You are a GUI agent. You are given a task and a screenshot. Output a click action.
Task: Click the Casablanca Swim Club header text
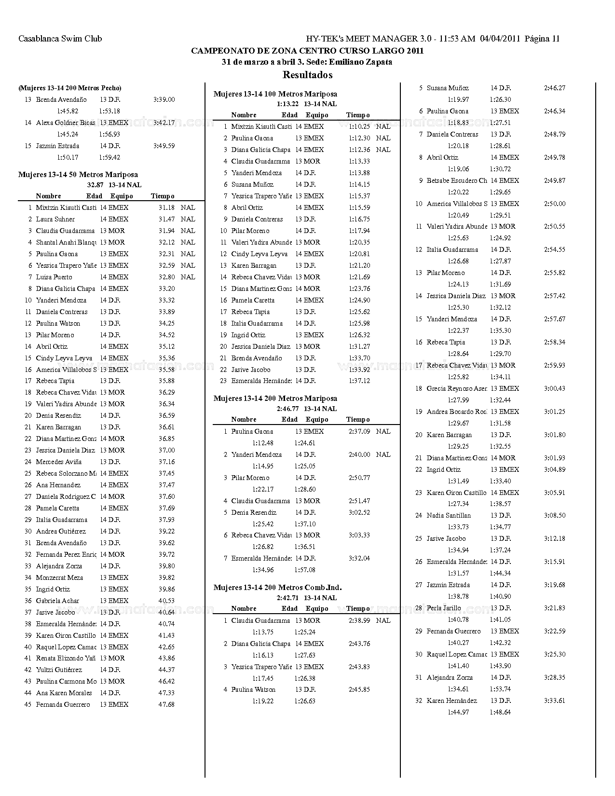pos(60,39)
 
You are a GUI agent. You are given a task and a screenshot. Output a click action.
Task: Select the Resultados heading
pos(307,75)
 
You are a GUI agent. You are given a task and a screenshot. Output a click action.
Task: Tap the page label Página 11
pos(542,39)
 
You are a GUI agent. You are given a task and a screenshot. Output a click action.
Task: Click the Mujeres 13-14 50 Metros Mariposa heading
pos(78,175)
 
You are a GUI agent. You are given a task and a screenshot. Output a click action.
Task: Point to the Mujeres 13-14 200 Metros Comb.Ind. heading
pos(277,588)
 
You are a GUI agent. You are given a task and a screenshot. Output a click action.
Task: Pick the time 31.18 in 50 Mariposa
pos(166,207)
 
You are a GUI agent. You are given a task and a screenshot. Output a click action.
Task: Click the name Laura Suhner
pos(55,219)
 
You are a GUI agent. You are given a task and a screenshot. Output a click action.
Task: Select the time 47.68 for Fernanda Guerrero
pos(166,704)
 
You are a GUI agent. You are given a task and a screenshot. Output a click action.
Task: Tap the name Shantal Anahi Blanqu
pos(66,242)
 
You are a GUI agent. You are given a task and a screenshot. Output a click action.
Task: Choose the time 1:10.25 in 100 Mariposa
pos(359,126)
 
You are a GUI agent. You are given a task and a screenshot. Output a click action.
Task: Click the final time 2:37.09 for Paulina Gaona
pos(359,431)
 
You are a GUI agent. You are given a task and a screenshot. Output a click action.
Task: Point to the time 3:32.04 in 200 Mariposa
pos(359,558)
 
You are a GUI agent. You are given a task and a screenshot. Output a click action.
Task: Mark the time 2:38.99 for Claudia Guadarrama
pos(359,620)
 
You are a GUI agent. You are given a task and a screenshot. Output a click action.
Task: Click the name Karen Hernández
pos(452,700)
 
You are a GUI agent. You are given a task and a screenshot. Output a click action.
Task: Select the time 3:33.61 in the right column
pos(555,700)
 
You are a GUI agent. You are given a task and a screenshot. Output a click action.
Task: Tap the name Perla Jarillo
pos(444,608)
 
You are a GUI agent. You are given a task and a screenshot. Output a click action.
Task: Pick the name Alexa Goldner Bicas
pos(66,123)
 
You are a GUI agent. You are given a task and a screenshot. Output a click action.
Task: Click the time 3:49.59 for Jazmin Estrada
pos(164,146)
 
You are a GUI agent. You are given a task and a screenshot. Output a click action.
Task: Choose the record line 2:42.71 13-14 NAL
pos(307,598)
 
